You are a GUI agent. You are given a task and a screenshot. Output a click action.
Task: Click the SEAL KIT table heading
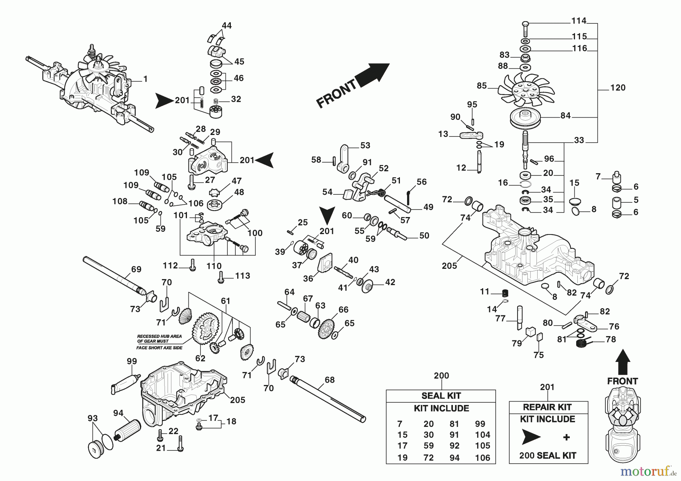[441, 396]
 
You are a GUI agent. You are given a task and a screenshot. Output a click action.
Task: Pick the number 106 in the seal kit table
[482, 458]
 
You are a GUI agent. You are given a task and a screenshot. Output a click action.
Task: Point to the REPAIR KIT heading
[547, 407]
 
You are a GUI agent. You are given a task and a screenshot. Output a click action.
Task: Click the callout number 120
[618, 88]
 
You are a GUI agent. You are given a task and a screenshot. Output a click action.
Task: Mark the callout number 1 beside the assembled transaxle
[145, 79]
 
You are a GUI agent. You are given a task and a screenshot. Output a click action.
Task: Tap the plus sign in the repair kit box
[566, 438]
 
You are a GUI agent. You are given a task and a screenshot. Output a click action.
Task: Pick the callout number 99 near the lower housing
[132, 362]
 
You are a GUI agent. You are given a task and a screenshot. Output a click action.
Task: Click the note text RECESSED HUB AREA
[159, 336]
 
